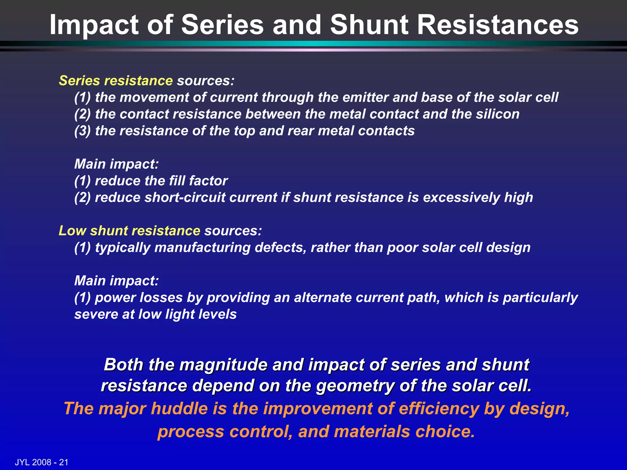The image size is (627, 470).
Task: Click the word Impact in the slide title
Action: click(x=94, y=25)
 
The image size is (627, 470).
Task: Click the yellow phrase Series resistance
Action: click(x=116, y=81)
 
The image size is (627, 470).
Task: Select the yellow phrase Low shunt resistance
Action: click(x=129, y=231)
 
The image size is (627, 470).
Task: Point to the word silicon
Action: click(x=497, y=114)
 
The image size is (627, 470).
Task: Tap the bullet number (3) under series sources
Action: click(x=82, y=131)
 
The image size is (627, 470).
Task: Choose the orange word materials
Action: click(x=372, y=431)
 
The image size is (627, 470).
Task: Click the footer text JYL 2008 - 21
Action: click(x=42, y=462)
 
